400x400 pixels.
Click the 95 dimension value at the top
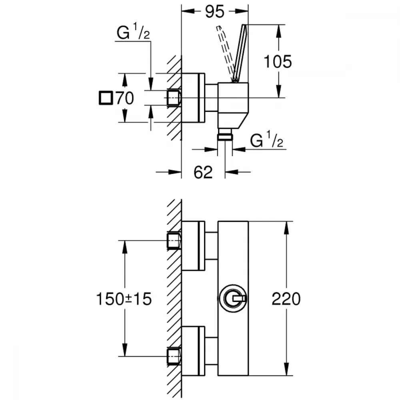(214, 12)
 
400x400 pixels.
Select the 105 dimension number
(278, 62)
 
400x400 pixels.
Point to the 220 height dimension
(286, 299)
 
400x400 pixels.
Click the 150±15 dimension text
(124, 299)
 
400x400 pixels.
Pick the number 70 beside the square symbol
(125, 98)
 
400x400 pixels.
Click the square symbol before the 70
(106, 98)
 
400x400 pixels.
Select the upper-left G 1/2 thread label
(133, 31)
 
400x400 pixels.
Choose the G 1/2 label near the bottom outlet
(266, 139)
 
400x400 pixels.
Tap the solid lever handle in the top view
(240, 54)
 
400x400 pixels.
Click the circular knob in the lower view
(233, 298)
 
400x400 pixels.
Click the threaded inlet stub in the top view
(174, 98)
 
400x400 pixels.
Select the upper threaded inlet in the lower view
(174, 240)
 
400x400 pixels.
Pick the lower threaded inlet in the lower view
(174, 356)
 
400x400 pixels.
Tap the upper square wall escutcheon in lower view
(193, 246)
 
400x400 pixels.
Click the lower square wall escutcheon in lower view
(193, 351)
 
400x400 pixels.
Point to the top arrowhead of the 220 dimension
(287, 228)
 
